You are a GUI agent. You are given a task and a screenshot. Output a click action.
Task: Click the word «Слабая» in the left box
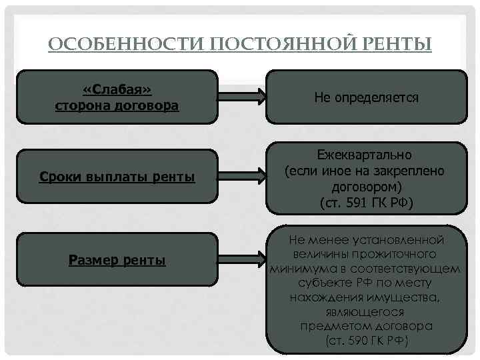(x=117, y=90)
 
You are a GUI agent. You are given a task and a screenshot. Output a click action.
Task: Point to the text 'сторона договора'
(x=117, y=105)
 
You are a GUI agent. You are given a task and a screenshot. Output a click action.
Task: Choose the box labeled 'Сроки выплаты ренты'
(x=117, y=177)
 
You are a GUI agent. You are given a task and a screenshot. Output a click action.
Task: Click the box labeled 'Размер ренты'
(x=117, y=260)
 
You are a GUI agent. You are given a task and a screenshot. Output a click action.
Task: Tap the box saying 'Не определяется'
(x=366, y=97)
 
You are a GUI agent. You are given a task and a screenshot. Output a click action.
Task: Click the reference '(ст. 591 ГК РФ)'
(x=366, y=201)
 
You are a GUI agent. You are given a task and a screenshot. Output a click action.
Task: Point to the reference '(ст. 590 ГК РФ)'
(x=366, y=340)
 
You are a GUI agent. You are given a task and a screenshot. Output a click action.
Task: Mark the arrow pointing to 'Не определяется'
(x=243, y=97)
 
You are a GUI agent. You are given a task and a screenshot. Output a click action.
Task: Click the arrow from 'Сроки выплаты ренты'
(x=243, y=178)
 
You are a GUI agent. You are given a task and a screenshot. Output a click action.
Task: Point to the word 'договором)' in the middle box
(x=366, y=186)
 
